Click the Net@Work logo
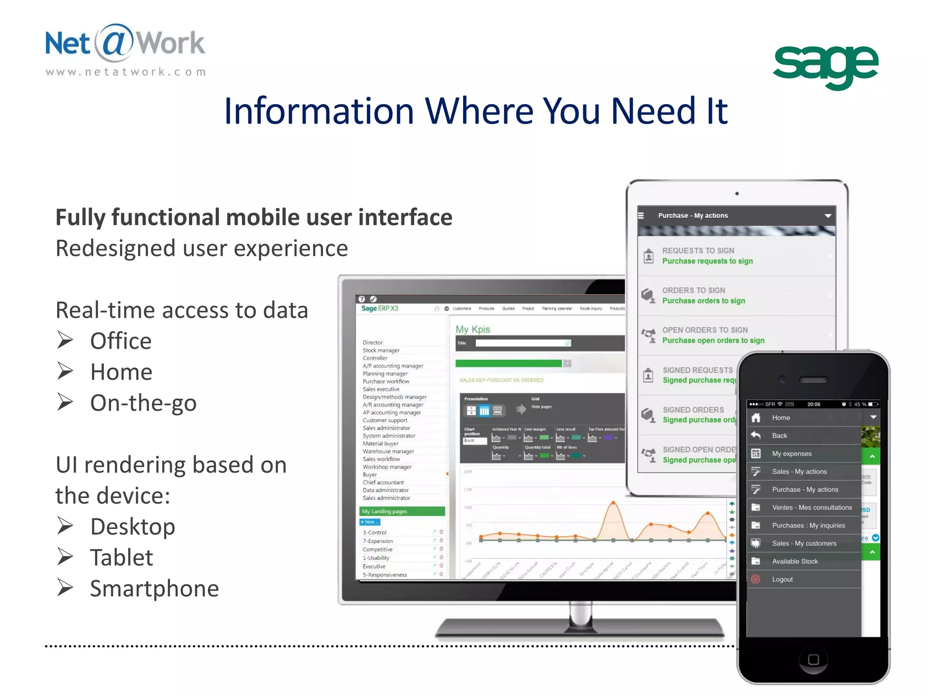coord(125,44)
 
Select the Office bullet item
coord(121,341)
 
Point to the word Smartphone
coord(154,589)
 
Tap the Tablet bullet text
coord(121,557)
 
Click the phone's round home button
coord(813,659)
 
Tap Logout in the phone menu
coord(782,580)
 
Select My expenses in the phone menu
coord(792,454)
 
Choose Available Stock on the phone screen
coord(795,561)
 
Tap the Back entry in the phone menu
coord(779,435)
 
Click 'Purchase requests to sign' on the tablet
coord(707,261)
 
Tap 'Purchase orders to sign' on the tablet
coord(703,301)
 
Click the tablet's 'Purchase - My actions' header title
coord(693,216)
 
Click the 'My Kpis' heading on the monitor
coord(473,329)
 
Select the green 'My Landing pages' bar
coord(402,511)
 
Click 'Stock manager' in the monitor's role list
coord(381,350)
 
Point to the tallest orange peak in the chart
coord(613,503)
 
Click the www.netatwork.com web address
coord(126,72)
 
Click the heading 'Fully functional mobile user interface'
coord(254,217)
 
